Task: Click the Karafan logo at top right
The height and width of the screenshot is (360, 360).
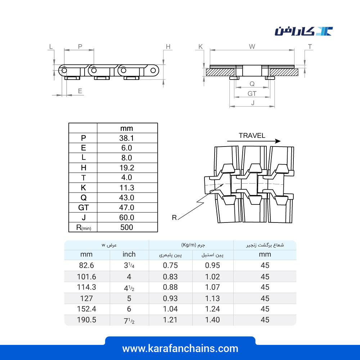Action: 304,31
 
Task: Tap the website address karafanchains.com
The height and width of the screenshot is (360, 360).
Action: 180,348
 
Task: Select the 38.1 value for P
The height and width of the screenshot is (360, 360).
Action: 126,138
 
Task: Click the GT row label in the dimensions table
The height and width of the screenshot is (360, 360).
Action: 84,208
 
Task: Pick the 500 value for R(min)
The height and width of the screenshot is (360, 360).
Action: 126,227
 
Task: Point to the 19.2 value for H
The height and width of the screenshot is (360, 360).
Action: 127,168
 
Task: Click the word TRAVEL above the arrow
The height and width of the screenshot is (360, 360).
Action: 252,135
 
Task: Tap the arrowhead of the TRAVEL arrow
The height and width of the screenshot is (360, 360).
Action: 278,141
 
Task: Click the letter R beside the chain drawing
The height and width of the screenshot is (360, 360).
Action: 174,218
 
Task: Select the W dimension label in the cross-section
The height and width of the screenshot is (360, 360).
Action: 252,46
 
